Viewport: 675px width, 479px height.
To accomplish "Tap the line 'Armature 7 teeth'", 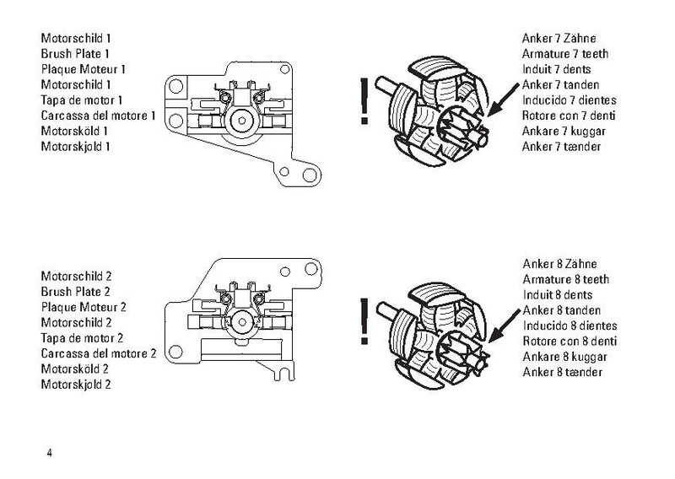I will click(556, 54).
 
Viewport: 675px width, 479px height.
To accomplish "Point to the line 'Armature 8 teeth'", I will click(556, 280).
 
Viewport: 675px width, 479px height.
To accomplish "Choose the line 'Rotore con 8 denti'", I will click(562, 341).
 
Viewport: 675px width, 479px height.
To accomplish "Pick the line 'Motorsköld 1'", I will click(74, 132).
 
